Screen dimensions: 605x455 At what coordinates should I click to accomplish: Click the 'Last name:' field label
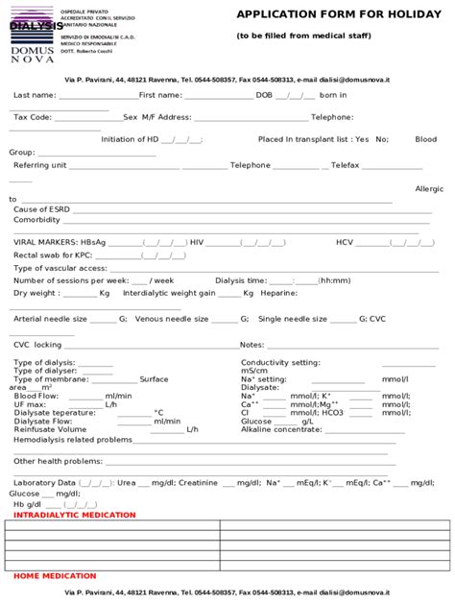(x=35, y=96)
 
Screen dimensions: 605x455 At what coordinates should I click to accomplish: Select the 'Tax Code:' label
(x=33, y=116)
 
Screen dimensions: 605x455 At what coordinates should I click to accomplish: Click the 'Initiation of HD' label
(x=130, y=139)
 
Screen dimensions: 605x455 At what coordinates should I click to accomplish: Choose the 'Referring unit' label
(x=39, y=165)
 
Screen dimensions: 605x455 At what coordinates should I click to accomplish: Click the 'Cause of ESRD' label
(x=37, y=208)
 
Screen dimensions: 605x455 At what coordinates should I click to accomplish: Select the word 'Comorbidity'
(x=37, y=220)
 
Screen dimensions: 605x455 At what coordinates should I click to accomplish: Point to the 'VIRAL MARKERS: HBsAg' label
(x=60, y=242)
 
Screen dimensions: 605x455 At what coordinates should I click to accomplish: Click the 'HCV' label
(x=345, y=242)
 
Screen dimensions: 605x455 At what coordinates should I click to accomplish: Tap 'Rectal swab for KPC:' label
(x=53, y=254)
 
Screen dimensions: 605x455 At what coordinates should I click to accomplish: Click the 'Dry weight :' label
(x=36, y=292)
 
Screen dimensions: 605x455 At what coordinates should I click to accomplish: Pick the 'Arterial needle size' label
(x=50, y=318)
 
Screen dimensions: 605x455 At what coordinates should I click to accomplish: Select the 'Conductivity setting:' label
(x=280, y=362)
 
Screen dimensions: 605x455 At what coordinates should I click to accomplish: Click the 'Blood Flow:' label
(x=36, y=396)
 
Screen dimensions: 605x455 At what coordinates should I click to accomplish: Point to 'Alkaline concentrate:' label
(x=282, y=429)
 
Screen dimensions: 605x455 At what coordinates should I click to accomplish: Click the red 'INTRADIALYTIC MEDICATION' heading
(x=76, y=516)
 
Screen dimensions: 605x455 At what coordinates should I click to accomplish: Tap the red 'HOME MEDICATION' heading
(x=55, y=576)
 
